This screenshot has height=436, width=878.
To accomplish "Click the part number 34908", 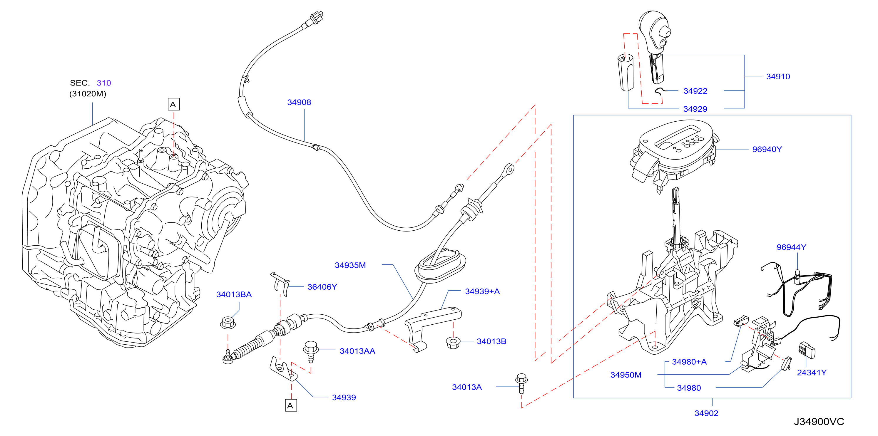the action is click(299, 102).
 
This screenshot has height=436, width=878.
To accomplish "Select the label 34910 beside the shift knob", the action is click(778, 77).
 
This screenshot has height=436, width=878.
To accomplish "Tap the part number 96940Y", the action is click(767, 149).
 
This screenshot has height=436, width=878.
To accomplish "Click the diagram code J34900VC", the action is click(819, 422).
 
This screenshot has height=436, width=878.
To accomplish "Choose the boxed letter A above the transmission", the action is click(173, 104).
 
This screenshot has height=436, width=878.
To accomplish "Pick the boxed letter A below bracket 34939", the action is click(291, 405).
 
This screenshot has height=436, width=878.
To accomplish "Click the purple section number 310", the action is click(104, 83).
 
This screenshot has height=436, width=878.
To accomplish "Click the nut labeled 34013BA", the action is click(228, 322).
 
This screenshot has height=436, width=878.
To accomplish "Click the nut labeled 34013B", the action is click(453, 342).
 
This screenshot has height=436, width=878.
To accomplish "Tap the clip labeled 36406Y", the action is click(280, 284).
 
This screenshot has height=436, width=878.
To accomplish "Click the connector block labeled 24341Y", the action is click(806, 350).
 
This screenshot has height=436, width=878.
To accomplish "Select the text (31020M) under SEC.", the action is click(88, 94).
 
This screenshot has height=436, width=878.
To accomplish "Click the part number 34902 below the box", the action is click(706, 413).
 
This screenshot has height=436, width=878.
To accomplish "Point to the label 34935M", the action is click(350, 265).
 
